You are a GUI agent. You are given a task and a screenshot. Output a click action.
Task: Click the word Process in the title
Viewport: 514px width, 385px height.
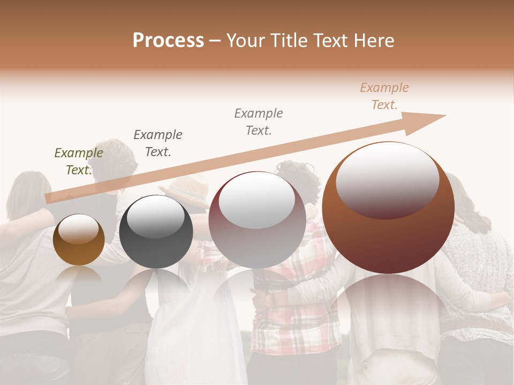[168, 41]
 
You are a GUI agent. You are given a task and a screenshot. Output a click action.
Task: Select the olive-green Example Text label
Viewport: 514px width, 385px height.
[78, 161]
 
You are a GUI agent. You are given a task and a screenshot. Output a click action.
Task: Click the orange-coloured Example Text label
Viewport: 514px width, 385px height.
[384, 96]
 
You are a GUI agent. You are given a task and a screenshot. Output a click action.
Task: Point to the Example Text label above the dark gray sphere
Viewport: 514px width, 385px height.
[157, 143]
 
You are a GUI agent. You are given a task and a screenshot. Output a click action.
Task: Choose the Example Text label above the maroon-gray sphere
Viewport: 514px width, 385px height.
[258, 121]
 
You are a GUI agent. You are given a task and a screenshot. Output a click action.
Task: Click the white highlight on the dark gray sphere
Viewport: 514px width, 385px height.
[156, 215]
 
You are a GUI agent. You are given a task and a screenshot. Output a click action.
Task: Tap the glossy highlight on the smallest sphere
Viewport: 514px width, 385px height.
[78, 229]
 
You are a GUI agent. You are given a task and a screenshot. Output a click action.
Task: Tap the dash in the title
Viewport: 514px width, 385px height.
[215, 41]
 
